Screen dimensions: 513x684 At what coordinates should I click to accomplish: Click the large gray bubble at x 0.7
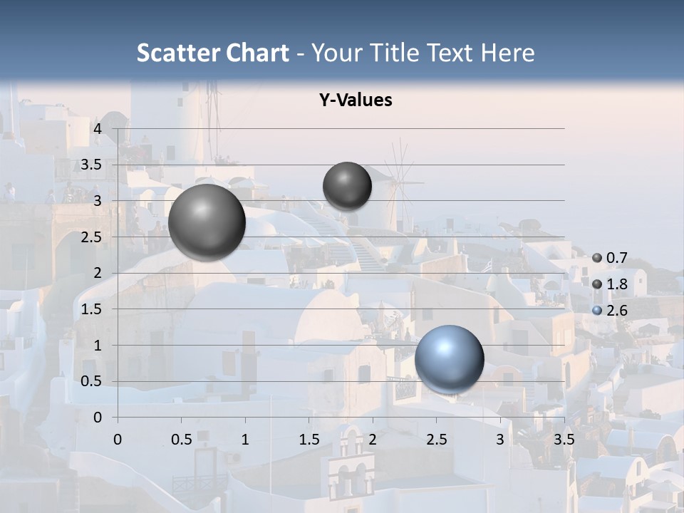[x=207, y=222]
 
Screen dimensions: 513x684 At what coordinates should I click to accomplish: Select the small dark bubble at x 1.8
[x=347, y=186]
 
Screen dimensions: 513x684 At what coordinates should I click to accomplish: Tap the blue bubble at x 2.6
[x=449, y=359]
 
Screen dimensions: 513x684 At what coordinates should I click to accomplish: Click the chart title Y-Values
[x=356, y=100]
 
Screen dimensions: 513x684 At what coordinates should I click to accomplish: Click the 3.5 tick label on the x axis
[x=564, y=439]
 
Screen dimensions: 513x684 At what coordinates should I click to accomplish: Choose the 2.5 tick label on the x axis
[x=437, y=439]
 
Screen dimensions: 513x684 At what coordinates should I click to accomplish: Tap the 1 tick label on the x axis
[x=245, y=439]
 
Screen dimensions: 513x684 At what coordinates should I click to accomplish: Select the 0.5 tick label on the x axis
[x=182, y=439]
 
